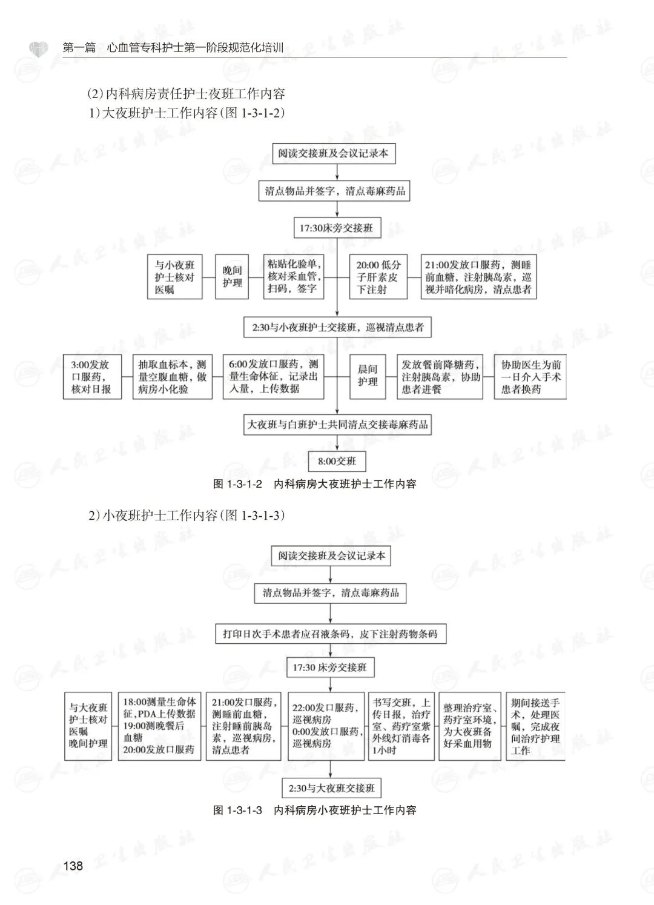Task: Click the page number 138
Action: click(73, 866)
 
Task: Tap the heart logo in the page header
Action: click(38, 48)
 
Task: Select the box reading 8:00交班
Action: click(337, 462)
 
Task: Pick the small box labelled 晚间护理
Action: click(232, 277)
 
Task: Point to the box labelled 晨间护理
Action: click(367, 376)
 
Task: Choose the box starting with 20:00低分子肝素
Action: click(378, 277)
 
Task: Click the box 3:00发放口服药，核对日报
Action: click(91, 377)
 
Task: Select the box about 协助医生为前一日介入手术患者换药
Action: click(530, 377)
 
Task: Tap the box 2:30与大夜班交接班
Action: click(331, 788)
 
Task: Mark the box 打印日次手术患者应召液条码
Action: click(330, 634)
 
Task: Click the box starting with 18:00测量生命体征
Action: click(159, 726)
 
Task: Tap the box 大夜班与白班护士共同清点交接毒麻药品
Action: click(337, 425)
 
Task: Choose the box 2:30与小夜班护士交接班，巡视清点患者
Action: click(337, 328)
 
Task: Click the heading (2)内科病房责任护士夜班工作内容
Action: click(186, 94)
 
